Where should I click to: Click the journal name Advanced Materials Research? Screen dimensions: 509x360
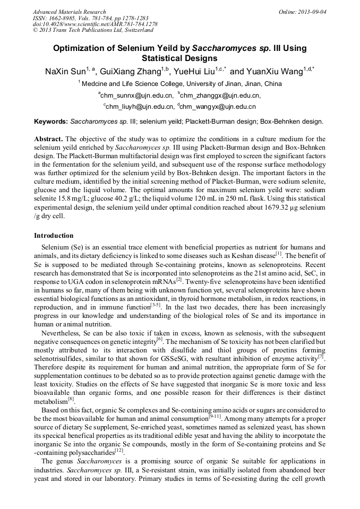(x=69, y=12)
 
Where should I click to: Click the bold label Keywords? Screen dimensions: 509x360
(x=51, y=122)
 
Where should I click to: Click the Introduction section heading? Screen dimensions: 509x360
(x=54, y=235)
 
